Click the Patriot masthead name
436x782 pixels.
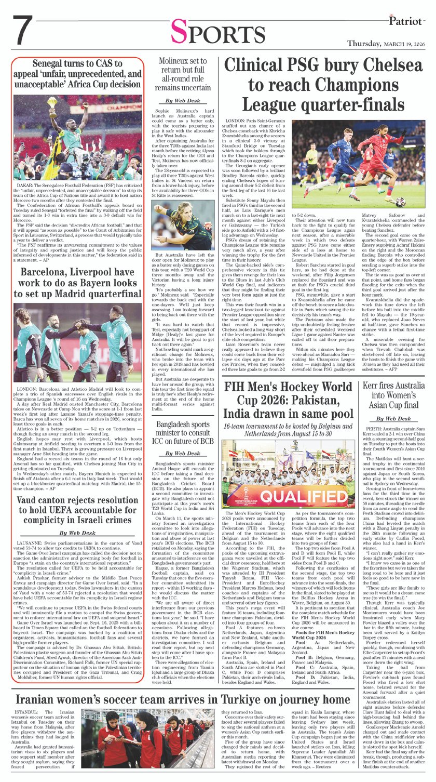coord(410,20)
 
